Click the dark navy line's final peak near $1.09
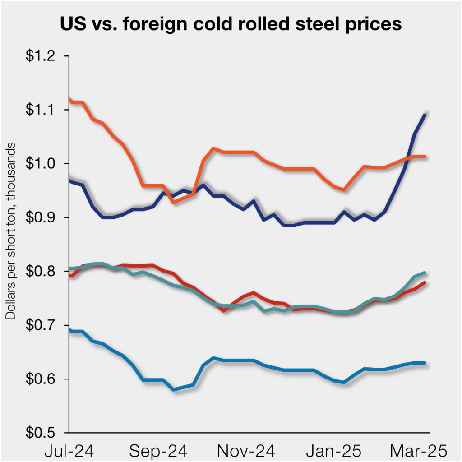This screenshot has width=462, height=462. coord(425,115)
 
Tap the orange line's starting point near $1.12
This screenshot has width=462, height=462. coord(69,99)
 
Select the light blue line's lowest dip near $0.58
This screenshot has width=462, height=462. coord(174,389)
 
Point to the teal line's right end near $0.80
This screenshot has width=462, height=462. coord(425,273)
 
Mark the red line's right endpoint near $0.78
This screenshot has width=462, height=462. coord(425,283)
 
